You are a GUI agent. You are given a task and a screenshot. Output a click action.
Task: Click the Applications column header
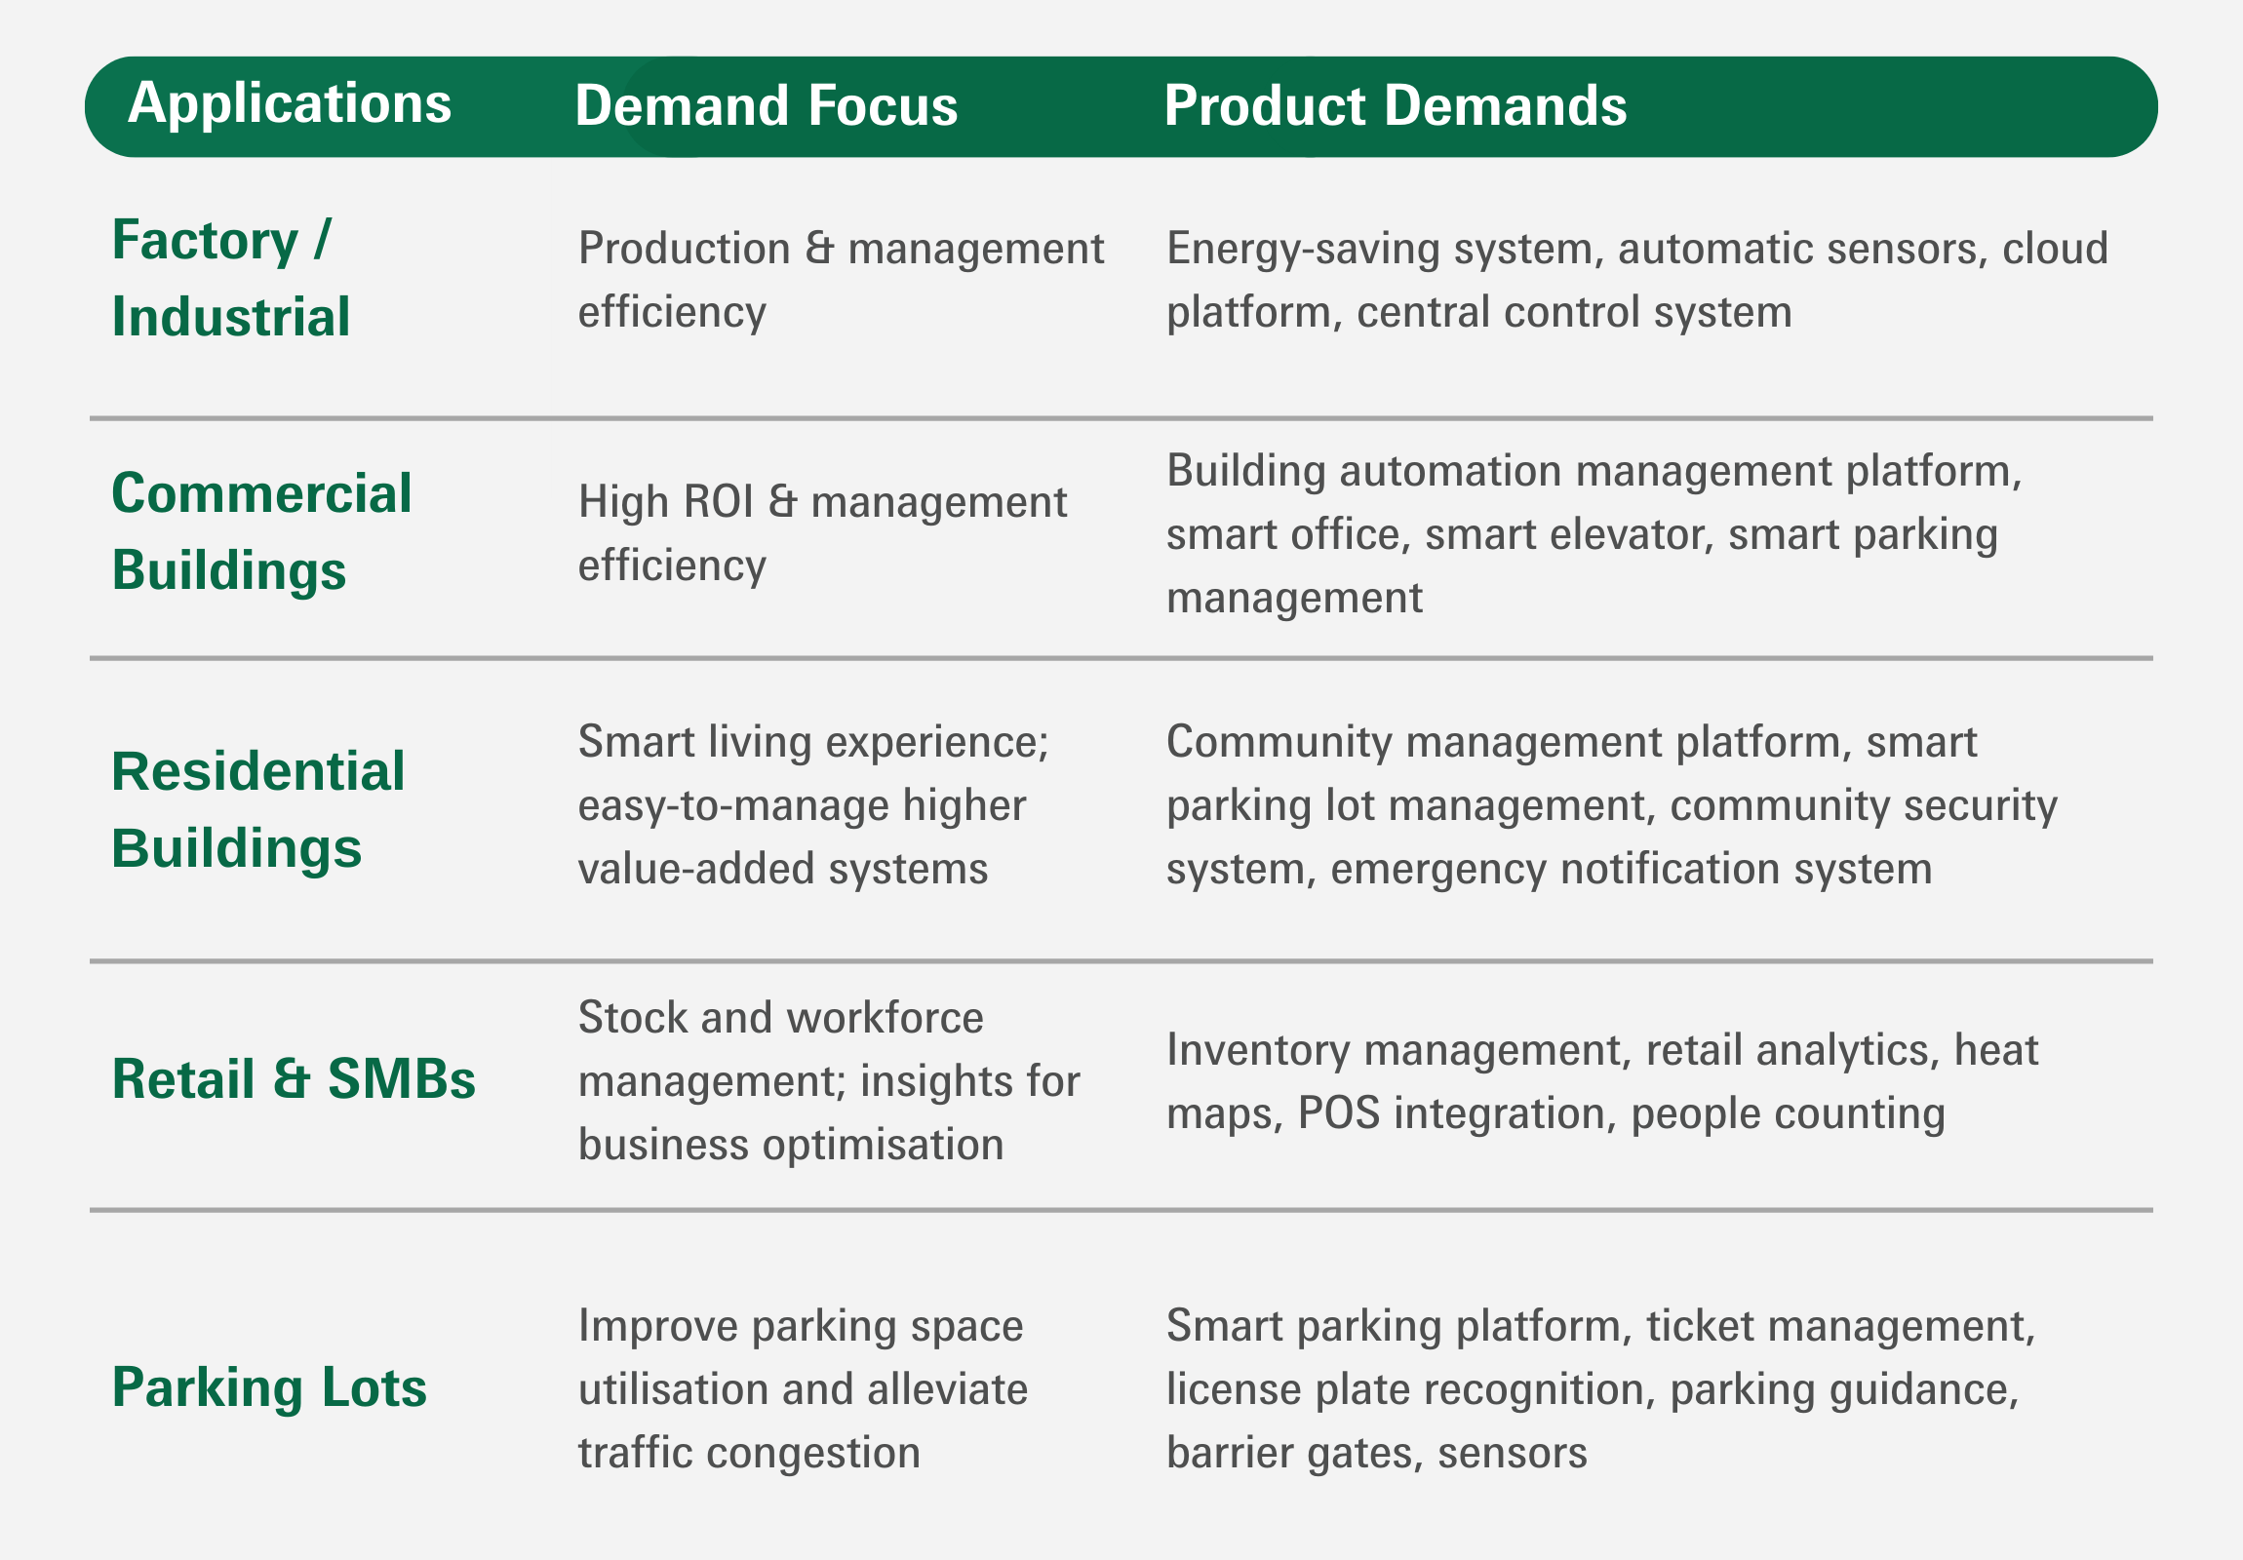pyautogui.click(x=290, y=104)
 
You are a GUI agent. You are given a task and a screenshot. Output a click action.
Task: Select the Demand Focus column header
pyautogui.click(x=766, y=105)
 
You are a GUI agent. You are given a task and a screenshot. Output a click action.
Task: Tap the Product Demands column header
pyautogui.click(x=1395, y=105)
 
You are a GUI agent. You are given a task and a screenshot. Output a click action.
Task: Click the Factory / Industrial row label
pyautogui.click(x=230, y=279)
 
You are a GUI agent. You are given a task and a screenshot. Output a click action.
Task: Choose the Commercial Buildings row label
pyautogui.click(x=260, y=531)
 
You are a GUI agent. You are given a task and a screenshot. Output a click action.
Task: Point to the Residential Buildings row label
pyautogui.click(x=257, y=810)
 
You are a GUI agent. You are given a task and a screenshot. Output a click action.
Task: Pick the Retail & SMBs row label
pyautogui.click(x=294, y=1079)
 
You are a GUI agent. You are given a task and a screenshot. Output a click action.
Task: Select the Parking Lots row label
pyautogui.click(x=268, y=1388)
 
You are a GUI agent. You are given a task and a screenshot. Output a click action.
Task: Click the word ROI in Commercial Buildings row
pyautogui.click(x=718, y=502)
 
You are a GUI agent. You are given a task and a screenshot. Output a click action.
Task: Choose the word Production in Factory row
pyautogui.click(x=684, y=248)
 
